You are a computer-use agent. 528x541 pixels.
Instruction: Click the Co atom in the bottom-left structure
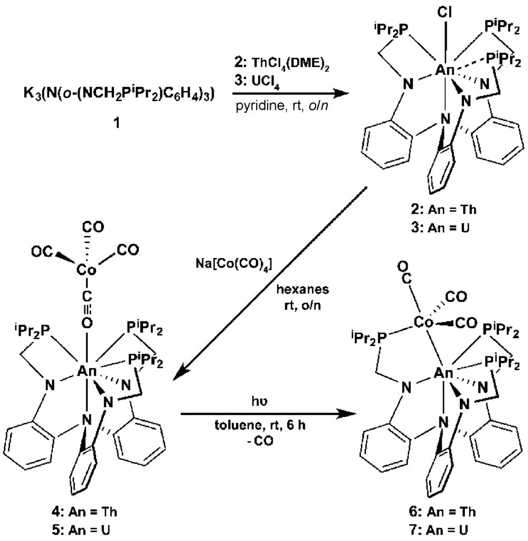86,271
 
